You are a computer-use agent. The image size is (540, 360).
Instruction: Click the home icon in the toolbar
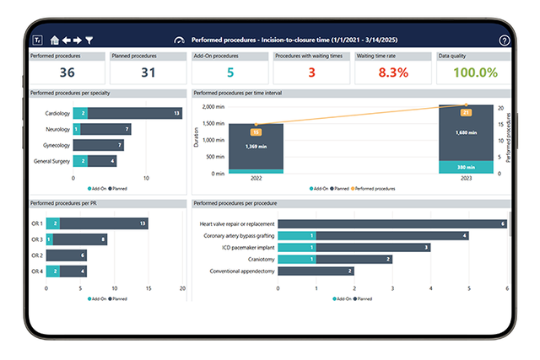pos(55,40)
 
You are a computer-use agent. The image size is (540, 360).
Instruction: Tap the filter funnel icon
pos(89,40)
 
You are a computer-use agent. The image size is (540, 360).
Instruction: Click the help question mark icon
pos(504,40)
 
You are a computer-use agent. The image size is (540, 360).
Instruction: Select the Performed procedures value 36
pos(66,73)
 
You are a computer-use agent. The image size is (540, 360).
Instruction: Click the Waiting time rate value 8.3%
pos(392,73)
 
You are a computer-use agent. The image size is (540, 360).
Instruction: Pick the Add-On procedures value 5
pos(230,73)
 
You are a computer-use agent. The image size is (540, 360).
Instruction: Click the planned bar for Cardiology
pos(135,113)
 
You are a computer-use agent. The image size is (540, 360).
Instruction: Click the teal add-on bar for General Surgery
pos(80,161)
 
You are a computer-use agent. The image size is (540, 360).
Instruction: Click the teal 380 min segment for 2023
pos(465,166)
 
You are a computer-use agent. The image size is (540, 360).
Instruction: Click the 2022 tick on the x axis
pos(256,178)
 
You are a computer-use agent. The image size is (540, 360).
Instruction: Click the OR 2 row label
pos(36,255)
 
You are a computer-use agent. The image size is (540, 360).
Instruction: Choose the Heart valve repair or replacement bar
pos(392,223)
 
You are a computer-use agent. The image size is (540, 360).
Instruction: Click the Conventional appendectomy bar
pos(316,271)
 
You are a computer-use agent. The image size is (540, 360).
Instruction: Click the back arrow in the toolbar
pos(67,40)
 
